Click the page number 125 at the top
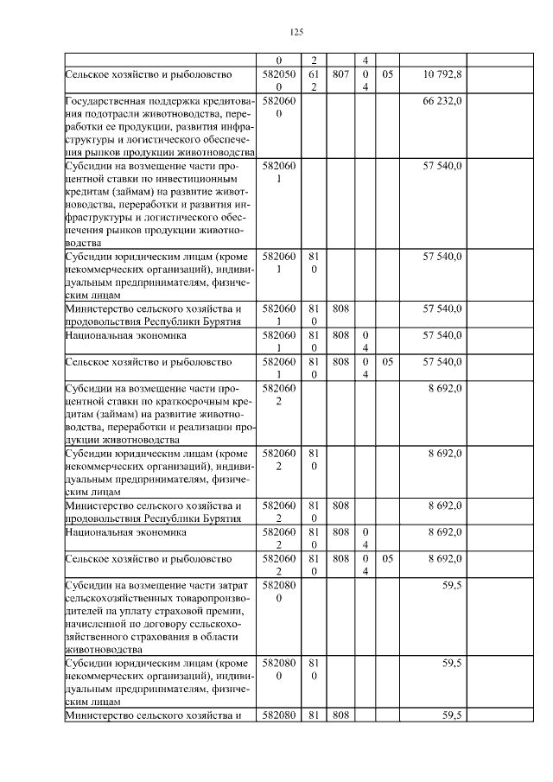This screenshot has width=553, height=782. click(296, 32)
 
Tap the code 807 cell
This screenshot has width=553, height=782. click(340, 75)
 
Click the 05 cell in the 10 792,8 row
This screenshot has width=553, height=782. click(387, 75)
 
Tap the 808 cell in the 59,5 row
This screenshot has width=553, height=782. click(340, 715)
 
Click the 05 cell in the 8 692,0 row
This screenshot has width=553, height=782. click(387, 559)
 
